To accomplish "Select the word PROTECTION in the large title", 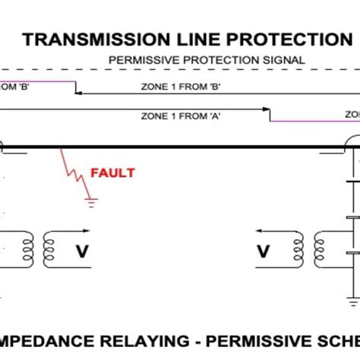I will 288,39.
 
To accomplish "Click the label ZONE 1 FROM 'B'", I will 181,87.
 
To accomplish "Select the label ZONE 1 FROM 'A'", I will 181,116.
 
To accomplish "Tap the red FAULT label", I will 112,172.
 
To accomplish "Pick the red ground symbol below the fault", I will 90,203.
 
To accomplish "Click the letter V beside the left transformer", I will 81,250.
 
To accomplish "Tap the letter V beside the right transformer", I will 264,250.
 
